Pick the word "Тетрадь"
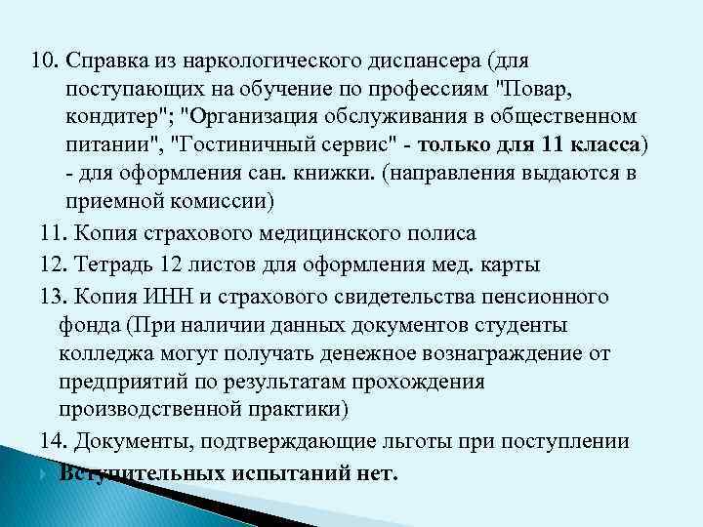tap(108, 265)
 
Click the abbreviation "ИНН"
tap(168, 296)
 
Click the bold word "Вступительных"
tap(143, 474)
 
